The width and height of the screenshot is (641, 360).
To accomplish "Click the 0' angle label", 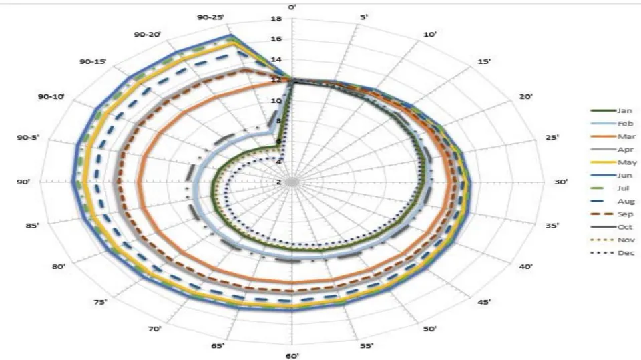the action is pos(292,7).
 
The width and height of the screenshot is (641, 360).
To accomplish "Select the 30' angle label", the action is pos(561,182).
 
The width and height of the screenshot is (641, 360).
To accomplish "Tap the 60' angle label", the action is pos(292,356).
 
